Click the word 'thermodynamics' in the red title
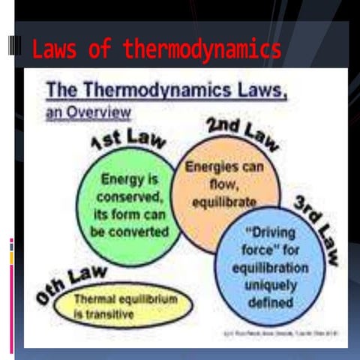click(202, 50)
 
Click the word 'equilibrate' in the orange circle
click(222, 202)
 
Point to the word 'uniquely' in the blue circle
click(271, 285)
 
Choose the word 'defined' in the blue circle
click(271, 302)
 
